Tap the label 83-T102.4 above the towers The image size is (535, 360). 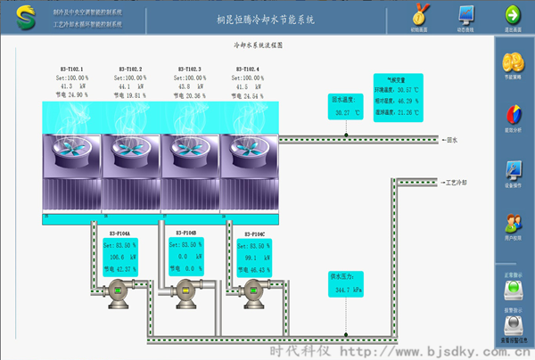click(247, 69)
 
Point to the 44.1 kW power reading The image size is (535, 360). click(130, 85)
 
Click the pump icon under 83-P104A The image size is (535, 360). click(119, 293)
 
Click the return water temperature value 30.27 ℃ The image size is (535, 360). click(345, 113)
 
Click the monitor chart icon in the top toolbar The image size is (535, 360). click(466, 14)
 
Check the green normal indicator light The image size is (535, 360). click(514, 290)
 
